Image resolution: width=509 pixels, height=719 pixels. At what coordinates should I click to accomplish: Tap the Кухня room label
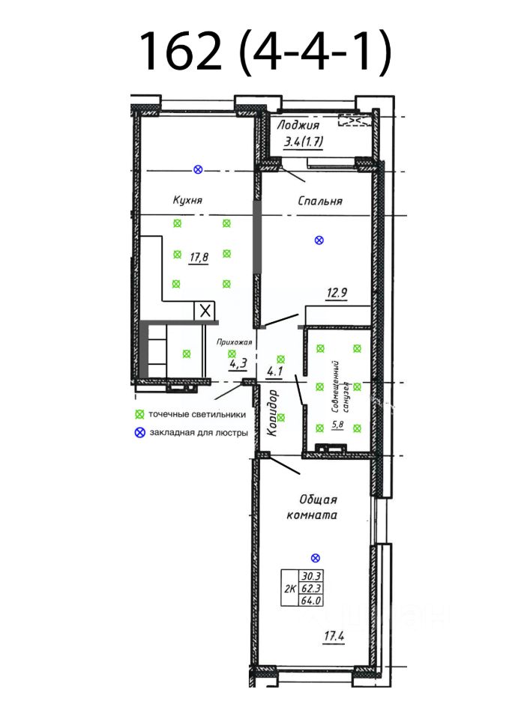coord(188,201)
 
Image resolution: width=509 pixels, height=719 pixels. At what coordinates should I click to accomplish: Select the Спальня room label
coord(320,201)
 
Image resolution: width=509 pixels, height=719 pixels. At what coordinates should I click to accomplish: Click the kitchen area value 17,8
coord(199,258)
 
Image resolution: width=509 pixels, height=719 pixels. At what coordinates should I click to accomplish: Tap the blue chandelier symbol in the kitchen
coord(198,170)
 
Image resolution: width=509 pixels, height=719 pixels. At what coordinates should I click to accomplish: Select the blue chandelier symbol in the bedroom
coord(319,240)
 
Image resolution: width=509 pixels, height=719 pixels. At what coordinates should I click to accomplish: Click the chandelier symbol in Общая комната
coord(315,557)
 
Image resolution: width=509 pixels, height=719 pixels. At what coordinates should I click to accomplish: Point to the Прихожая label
coord(232,342)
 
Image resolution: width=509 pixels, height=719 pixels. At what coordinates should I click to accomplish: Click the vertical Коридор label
coord(273,413)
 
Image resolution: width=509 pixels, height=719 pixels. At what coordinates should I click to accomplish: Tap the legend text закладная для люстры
coord(197,432)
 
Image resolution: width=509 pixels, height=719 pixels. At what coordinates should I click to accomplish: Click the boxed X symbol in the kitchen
coord(205,310)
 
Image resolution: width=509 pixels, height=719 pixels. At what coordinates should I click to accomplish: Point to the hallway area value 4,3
coord(238,365)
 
